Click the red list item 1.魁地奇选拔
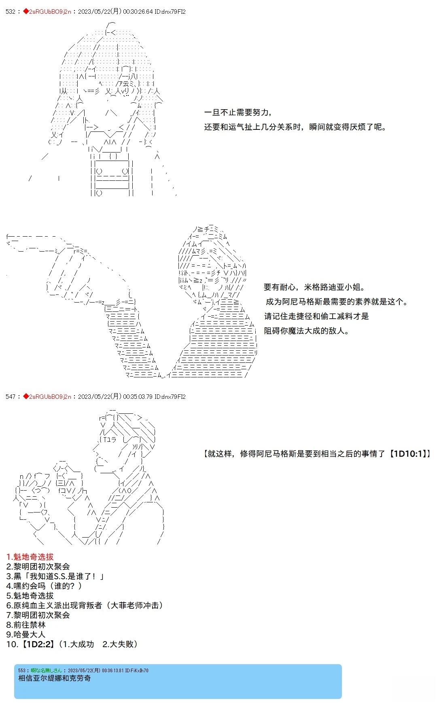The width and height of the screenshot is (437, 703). pos(30,557)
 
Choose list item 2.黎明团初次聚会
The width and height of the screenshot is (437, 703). pos(38,567)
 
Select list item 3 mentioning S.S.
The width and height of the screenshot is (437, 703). pos(55,576)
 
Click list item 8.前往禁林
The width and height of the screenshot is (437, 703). pos(26,625)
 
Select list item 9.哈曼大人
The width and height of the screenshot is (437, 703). pos(26,635)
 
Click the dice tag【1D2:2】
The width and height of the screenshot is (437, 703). pos(37,644)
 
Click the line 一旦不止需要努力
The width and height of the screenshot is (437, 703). pos(238,112)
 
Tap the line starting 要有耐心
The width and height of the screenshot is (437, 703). pos(314,287)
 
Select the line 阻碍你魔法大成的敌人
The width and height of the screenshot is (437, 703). pos(306,331)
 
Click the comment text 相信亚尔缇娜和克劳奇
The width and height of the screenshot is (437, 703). pos(55,678)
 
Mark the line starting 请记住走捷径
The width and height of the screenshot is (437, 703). pos(316,316)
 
